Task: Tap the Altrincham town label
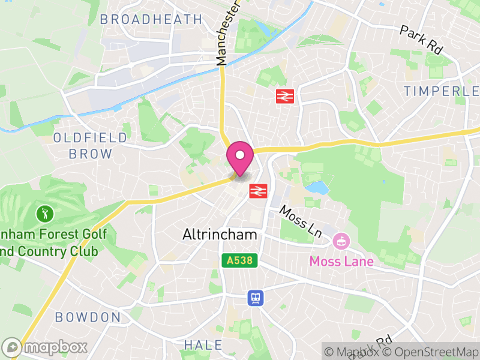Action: pyautogui.click(x=220, y=235)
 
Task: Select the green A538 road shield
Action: pyautogui.click(x=240, y=261)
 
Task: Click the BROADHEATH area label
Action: pyautogui.click(x=151, y=19)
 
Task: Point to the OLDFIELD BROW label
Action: pyautogui.click(x=91, y=146)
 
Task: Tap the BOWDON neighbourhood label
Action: pyautogui.click(x=88, y=317)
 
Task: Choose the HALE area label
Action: pyautogui.click(x=203, y=345)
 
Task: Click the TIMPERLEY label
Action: pyautogui.click(x=441, y=91)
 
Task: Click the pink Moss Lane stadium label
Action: pyautogui.click(x=341, y=262)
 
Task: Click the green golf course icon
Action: pyautogui.click(x=45, y=213)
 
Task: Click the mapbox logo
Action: pyautogui.click(x=46, y=347)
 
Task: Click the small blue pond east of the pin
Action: pyautogui.click(x=317, y=188)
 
